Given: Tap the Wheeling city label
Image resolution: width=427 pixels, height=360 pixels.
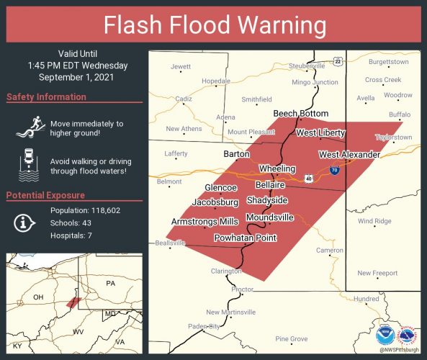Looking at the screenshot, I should [x=277, y=168].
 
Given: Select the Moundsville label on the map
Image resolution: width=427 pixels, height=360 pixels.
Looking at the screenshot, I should [x=269, y=217].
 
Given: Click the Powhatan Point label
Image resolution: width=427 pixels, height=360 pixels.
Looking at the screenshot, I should [x=246, y=238].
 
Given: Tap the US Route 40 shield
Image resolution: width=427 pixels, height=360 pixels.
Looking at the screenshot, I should [x=308, y=177].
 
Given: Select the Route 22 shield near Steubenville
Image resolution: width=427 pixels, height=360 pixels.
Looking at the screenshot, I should [x=337, y=62].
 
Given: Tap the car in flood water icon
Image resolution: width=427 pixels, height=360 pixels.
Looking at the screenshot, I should [x=28, y=165].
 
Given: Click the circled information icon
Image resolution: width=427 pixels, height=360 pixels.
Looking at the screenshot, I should [x=24, y=222].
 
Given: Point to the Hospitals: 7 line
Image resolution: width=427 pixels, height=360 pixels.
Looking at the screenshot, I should [x=71, y=235].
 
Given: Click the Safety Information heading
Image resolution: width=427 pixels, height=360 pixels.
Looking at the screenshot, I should [x=46, y=97].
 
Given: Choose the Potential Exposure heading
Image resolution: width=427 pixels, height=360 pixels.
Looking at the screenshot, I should [x=47, y=195].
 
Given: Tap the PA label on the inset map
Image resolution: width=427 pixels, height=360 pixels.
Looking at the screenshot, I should [x=110, y=284].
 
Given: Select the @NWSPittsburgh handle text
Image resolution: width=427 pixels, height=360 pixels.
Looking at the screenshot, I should [x=397, y=351].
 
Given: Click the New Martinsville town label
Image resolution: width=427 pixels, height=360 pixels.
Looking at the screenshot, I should [x=230, y=312].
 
